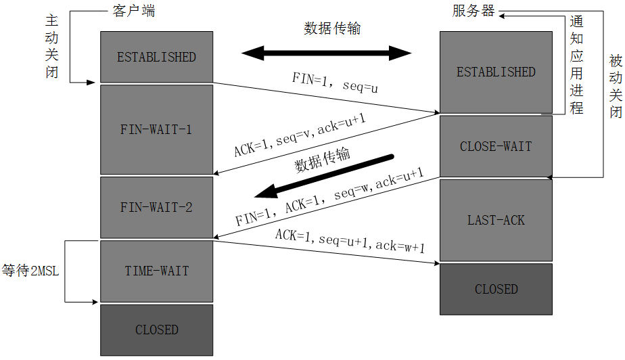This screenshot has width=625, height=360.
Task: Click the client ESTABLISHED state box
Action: click(157, 57)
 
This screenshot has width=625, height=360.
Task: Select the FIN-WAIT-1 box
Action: click(157, 129)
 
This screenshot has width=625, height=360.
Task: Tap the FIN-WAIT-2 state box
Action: click(157, 207)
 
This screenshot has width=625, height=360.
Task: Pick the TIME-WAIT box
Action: click(157, 271)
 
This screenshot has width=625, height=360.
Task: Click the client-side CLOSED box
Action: click(157, 330)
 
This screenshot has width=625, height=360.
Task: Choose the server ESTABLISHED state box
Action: click(496, 72)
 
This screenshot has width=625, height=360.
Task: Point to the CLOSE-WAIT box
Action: click(496, 146)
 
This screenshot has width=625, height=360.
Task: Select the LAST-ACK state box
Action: click(496, 220)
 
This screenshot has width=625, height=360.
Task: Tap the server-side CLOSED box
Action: click(496, 289)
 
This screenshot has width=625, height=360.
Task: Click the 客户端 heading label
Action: click(133, 11)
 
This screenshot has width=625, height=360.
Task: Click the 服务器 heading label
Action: click(473, 11)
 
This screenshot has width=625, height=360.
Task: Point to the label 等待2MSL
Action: click(30, 271)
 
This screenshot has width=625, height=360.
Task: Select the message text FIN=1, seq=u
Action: click(335, 83)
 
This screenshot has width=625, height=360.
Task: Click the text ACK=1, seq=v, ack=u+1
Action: click(300, 135)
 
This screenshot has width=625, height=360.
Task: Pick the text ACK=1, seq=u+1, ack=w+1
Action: click(350, 241)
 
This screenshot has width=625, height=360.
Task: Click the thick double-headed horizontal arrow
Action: click(327, 53)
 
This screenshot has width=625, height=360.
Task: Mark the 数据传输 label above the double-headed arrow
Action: click(332, 28)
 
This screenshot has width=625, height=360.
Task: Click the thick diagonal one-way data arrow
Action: click(324, 177)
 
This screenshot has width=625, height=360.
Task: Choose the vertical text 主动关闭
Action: click(52, 46)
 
